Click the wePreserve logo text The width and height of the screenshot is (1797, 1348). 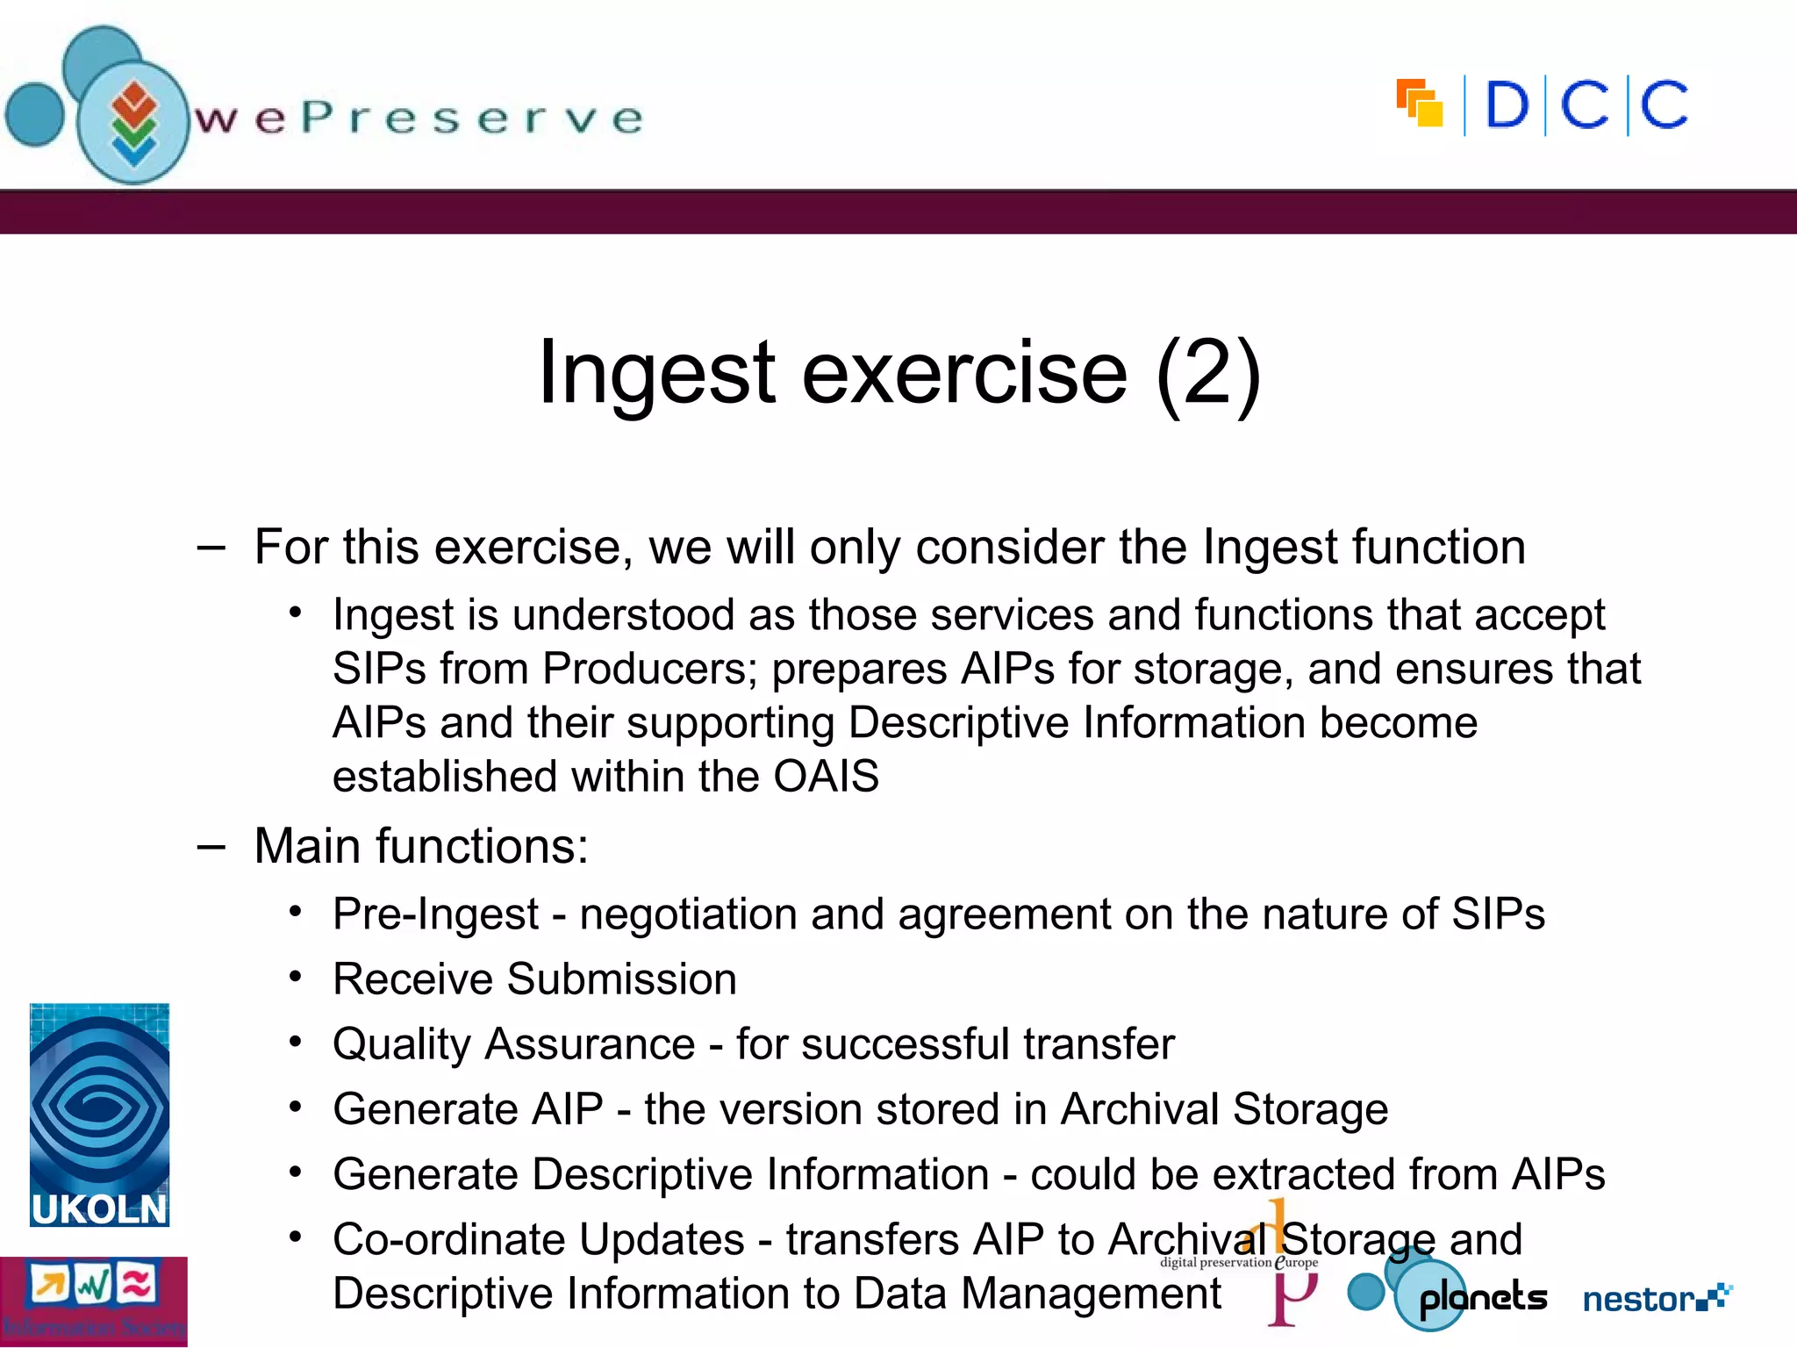coord(419,118)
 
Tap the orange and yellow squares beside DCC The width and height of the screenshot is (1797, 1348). coord(1419,103)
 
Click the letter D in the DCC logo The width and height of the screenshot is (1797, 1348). coord(1507,105)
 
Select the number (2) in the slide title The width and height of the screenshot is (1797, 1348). coord(1208,374)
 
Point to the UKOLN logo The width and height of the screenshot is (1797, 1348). coord(99,1115)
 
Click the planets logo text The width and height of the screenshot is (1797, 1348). coord(1483,1298)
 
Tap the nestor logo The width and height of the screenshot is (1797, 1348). coord(1655,1298)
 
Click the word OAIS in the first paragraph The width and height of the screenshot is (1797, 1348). coord(826,777)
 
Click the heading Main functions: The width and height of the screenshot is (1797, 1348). coord(421,847)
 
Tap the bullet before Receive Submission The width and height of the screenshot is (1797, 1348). coord(297,976)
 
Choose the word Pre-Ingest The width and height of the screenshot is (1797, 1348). coord(435,914)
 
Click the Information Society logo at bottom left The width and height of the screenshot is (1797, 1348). coord(93,1301)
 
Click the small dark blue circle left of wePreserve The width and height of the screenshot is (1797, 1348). coord(35,114)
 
